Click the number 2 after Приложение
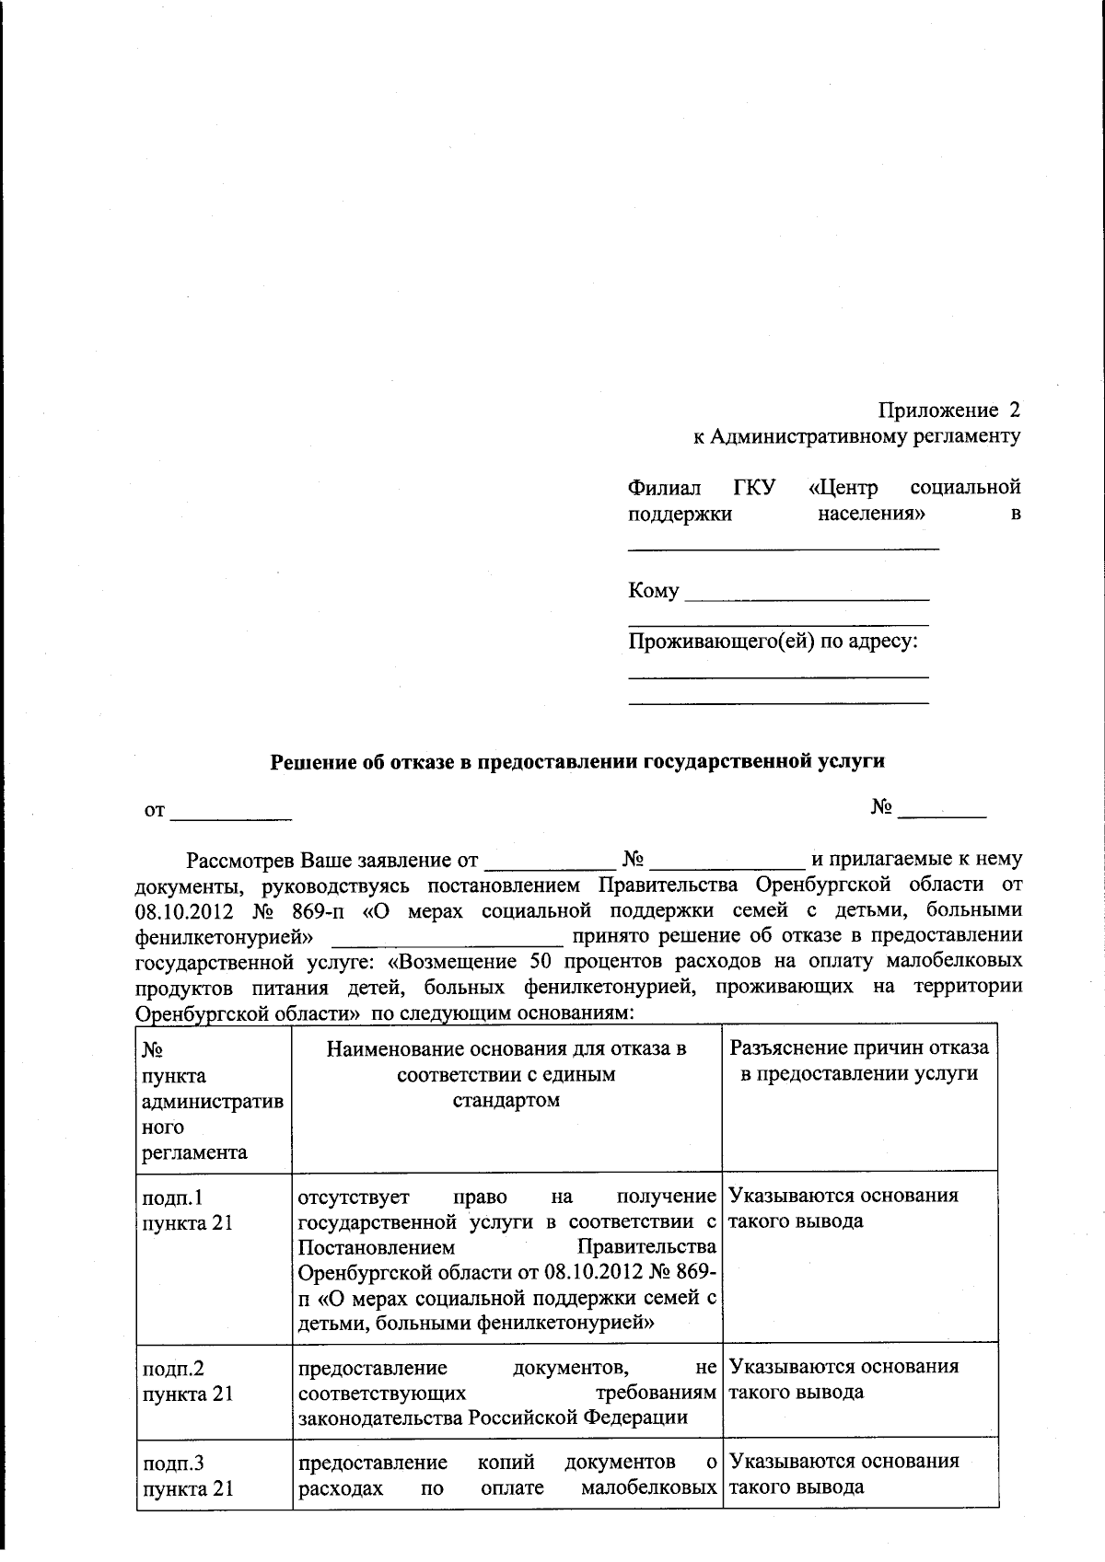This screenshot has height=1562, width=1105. point(1014,410)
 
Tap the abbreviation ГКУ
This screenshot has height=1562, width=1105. point(755,487)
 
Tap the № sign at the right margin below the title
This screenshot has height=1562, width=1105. point(881,807)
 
